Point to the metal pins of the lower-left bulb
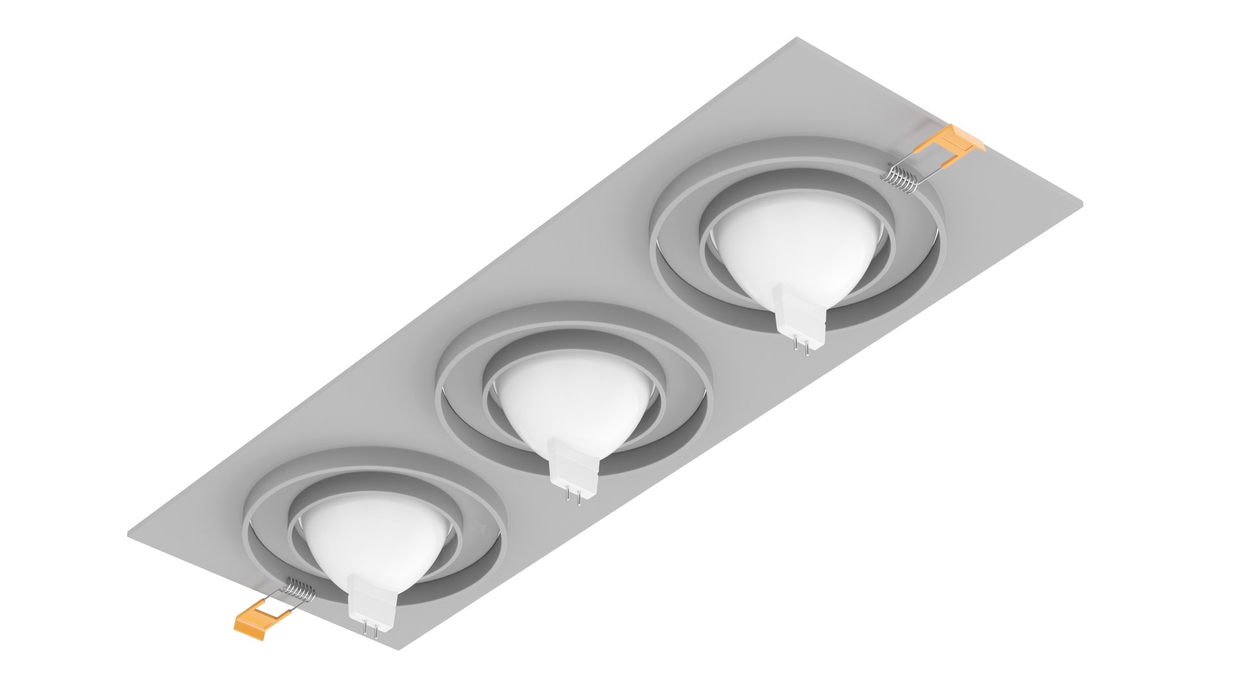370,629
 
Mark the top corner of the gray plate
797,38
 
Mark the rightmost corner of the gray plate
1082,205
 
